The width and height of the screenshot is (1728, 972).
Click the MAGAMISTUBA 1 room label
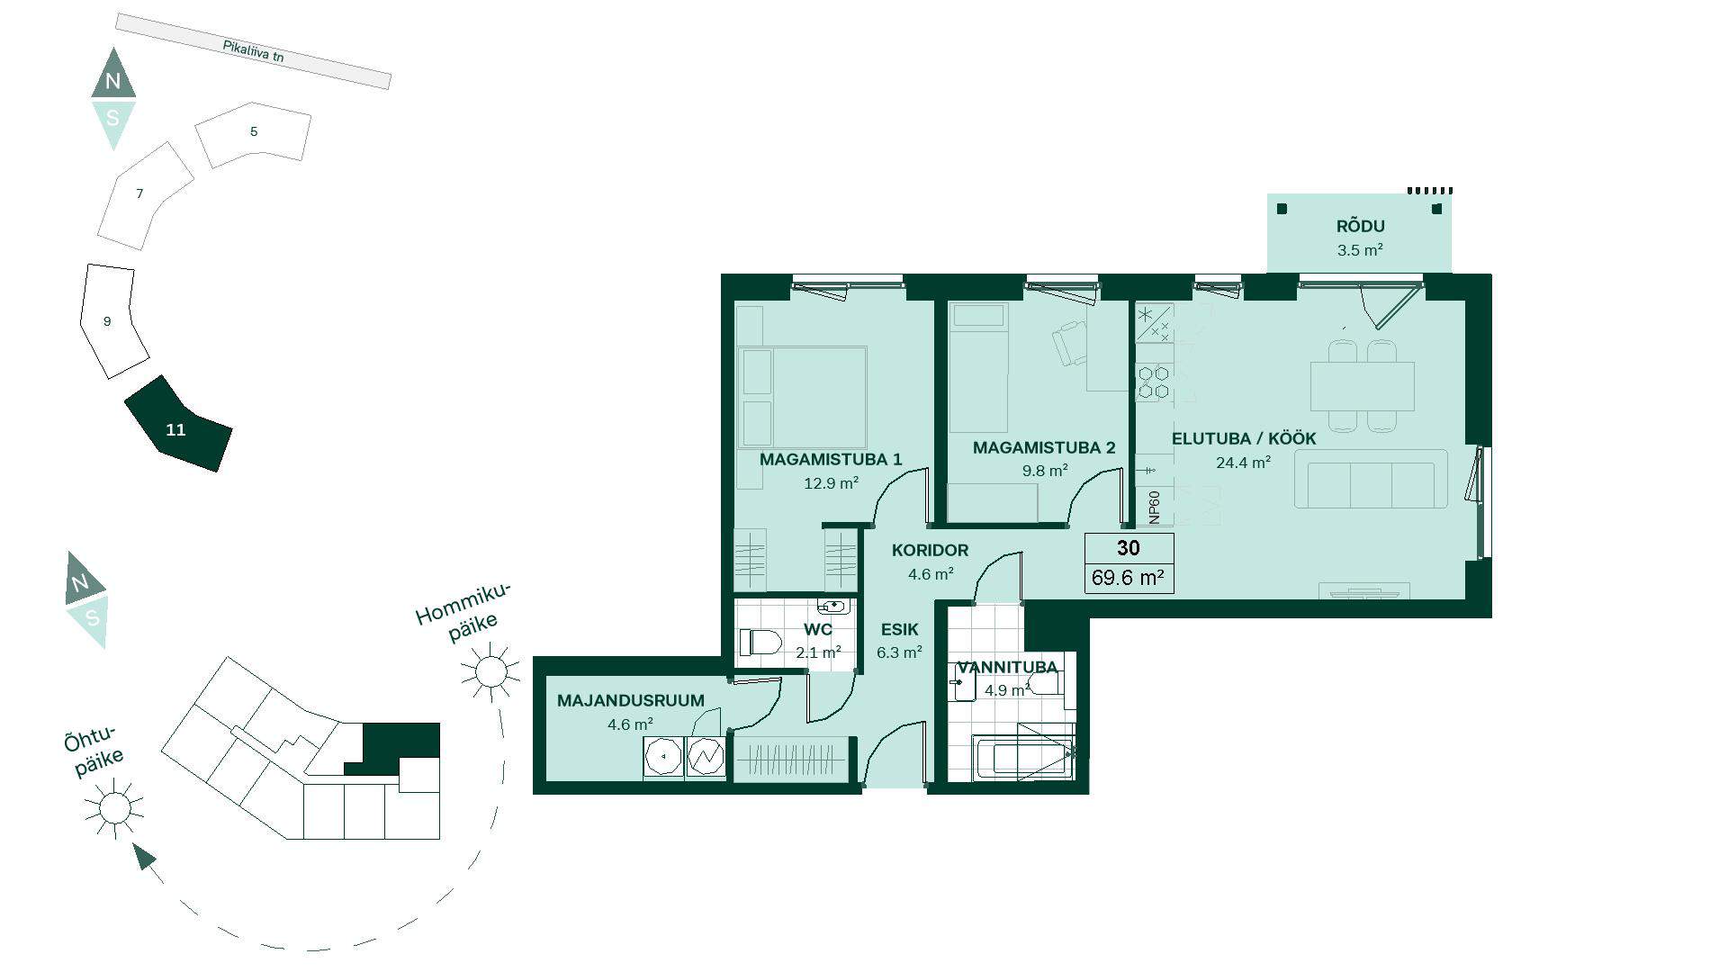click(x=830, y=460)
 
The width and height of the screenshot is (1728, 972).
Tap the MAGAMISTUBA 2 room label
click(x=1044, y=447)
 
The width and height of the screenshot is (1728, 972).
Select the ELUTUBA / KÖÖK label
click(x=1244, y=438)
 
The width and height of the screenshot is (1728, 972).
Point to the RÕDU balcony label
click(x=1360, y=227)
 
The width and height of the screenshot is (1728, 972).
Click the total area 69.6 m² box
click(x=1129, y=577)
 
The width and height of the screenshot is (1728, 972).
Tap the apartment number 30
click(x=1129, y=548)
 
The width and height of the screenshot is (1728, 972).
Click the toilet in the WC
click(x=760, y=643)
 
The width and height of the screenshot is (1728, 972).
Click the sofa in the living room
click(x=1371, y=480)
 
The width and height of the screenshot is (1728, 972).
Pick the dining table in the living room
click(x=1362, y=386)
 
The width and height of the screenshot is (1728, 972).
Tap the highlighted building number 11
click(x=175, y=430)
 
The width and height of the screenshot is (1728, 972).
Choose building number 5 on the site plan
click(x=254, y=131)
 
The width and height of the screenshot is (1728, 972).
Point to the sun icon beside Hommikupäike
click(x=490, y=671)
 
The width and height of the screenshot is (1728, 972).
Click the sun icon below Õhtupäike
click(x=114, y=808)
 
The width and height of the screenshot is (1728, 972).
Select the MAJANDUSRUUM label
click(x=631, y=701)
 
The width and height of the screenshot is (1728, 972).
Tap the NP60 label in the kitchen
click(x=1155, y=507)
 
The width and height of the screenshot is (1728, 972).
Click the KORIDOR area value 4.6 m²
click(x=931, y=573)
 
